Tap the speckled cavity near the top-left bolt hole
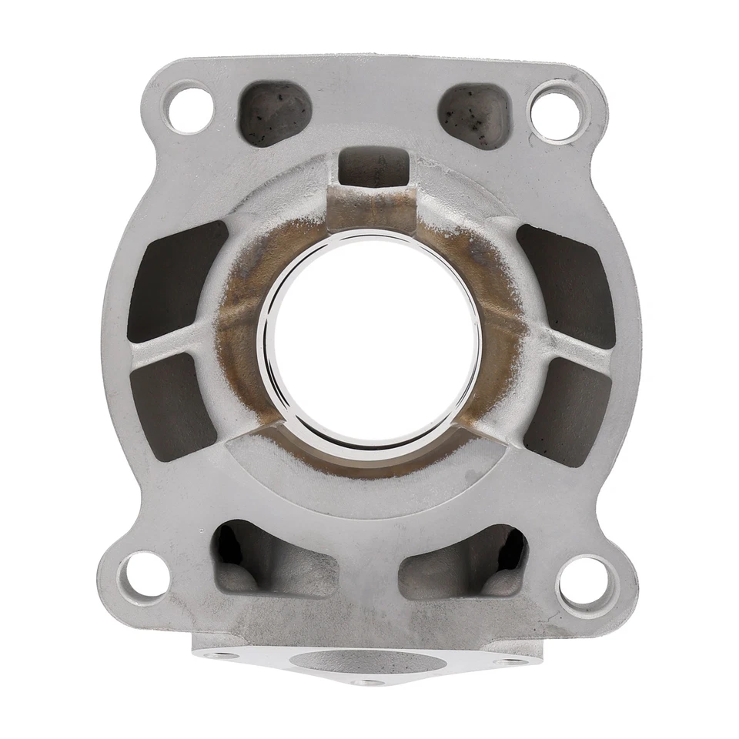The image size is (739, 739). pyautogui.click(x=275, y=113)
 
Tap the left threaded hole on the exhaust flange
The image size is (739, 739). pyautogui.click(x=224, y=655)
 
